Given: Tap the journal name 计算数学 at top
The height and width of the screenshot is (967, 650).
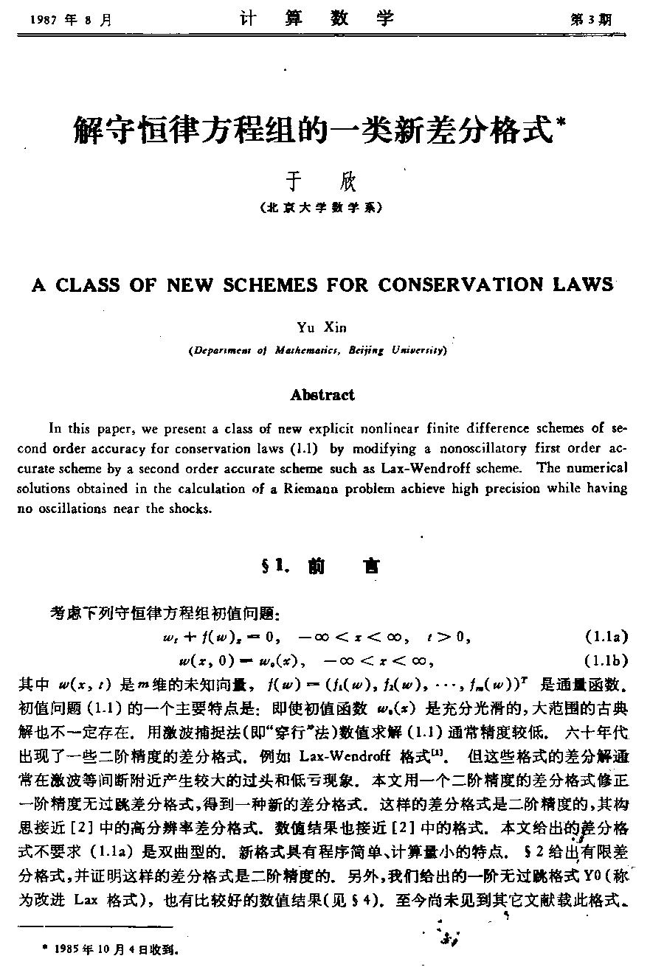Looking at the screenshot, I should pyautogui.click(x=317, y=19).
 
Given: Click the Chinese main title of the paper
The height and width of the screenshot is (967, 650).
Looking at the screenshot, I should pyautogui.click(x=313, y=130).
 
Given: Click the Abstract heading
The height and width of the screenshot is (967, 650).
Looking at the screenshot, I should pyautogui.click(x=322, y=395).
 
